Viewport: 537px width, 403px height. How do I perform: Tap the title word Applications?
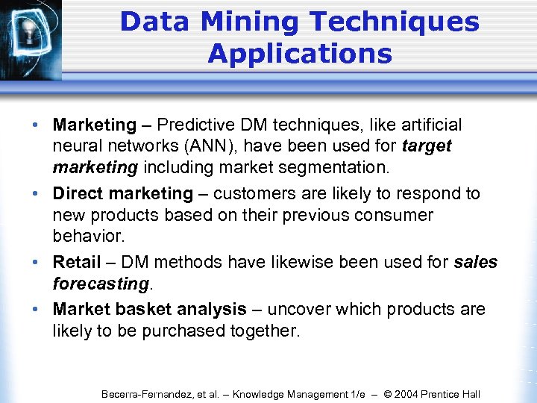click(x=300, y=54)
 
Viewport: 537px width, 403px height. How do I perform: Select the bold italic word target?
click(x=426, y=146)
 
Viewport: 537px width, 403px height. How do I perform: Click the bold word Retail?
click(x=76, y=262)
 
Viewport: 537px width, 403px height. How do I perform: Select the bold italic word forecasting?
click(x=100, y=284)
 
